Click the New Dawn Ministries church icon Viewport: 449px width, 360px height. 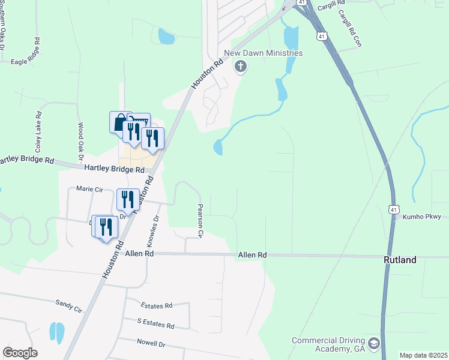(240, 66)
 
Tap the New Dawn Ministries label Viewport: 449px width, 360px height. (263, 53)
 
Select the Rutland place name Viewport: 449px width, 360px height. (400, 260)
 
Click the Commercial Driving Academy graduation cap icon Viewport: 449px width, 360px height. (374, 343)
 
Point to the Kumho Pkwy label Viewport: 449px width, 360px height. (421, 217)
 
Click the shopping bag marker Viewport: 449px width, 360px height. (119, 122)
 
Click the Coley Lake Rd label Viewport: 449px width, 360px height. (38, 131)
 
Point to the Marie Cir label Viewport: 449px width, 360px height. (90, 188)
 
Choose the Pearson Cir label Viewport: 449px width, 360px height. (201, 220)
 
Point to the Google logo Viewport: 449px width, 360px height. (20, 353)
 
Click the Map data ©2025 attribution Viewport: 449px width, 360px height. (423, 355)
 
